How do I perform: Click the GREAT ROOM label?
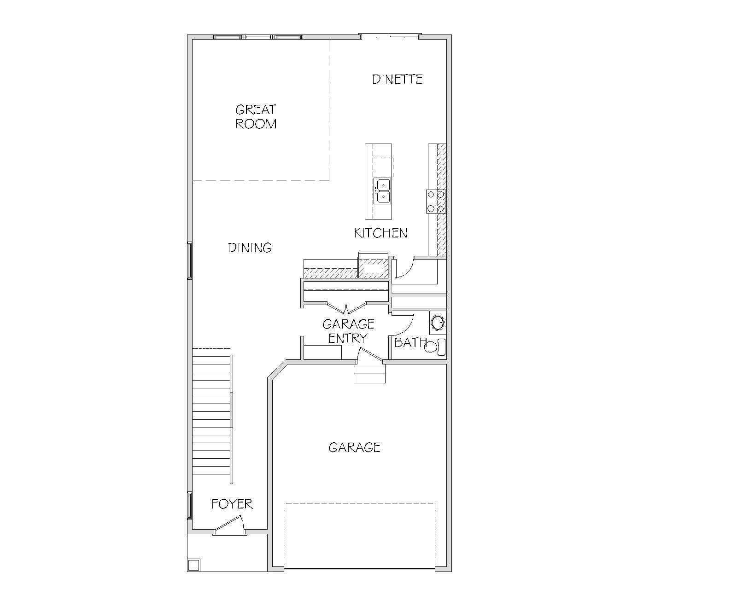click(256, 117)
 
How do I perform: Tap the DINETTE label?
click(397, 80)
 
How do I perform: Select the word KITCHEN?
click(380, 233)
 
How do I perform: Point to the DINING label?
click(250, 248)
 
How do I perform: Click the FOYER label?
click(232, 504)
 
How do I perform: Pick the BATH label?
click(410, 342)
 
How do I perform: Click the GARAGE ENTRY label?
click(348, 331)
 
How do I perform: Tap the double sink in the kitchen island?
click(382, 191)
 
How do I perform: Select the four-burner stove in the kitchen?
click(436, 201)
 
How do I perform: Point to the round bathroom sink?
click(438, 323)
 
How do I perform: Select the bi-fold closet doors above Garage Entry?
click(346, 308)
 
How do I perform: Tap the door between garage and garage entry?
click(370, 355)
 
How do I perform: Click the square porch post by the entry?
click(194, 564)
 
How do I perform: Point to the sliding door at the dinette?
click(390, 36)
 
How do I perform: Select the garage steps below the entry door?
click(369, 374)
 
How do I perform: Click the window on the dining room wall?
click(189, 260)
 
